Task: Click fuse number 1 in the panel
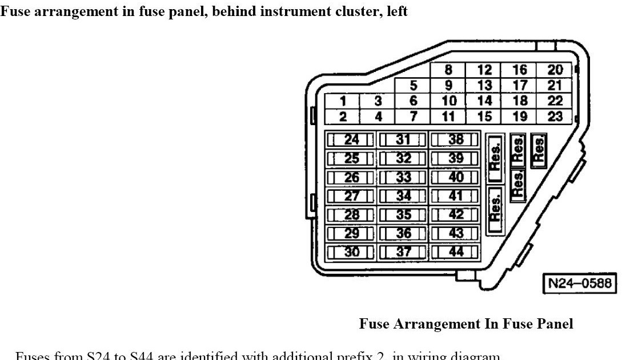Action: point(343,102)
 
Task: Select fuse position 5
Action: point(413,86)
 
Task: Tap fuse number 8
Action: point(448,70)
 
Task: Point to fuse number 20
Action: point(555,70)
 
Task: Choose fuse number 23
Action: point(555,117)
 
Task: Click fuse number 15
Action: point(484,117)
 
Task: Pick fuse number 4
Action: point(378,117)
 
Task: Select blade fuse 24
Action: point(351,139)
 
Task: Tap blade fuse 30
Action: point(351,252)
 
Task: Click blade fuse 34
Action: point(403,196)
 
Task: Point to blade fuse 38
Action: point(455,139)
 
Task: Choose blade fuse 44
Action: point(455,252)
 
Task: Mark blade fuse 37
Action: point(403,252)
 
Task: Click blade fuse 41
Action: point(455,196)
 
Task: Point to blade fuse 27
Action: point(351,196)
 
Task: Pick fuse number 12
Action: point(484,70)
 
